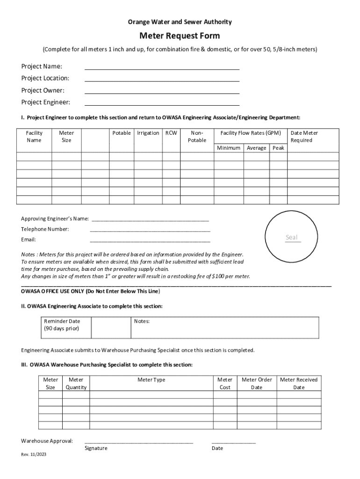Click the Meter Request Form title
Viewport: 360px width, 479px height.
(180, 36)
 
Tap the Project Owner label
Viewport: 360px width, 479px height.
(43, 90)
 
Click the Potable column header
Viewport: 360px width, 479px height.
(122, 133)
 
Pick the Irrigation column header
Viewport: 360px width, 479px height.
(148, 133)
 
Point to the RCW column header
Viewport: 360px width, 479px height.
(171, 133)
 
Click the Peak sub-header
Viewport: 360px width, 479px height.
(278, 148)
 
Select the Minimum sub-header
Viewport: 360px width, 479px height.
(229, 148)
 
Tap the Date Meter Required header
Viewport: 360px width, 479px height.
(304, 137)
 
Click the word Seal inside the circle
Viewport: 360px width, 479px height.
(292, 238)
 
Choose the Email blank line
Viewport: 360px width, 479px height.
(150, 241)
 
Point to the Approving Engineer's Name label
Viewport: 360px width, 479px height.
(55, 219)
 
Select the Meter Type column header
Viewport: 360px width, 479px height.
(151, 380)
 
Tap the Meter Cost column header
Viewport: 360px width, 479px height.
(225, 384)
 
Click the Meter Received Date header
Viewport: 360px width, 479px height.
(298, 384)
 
